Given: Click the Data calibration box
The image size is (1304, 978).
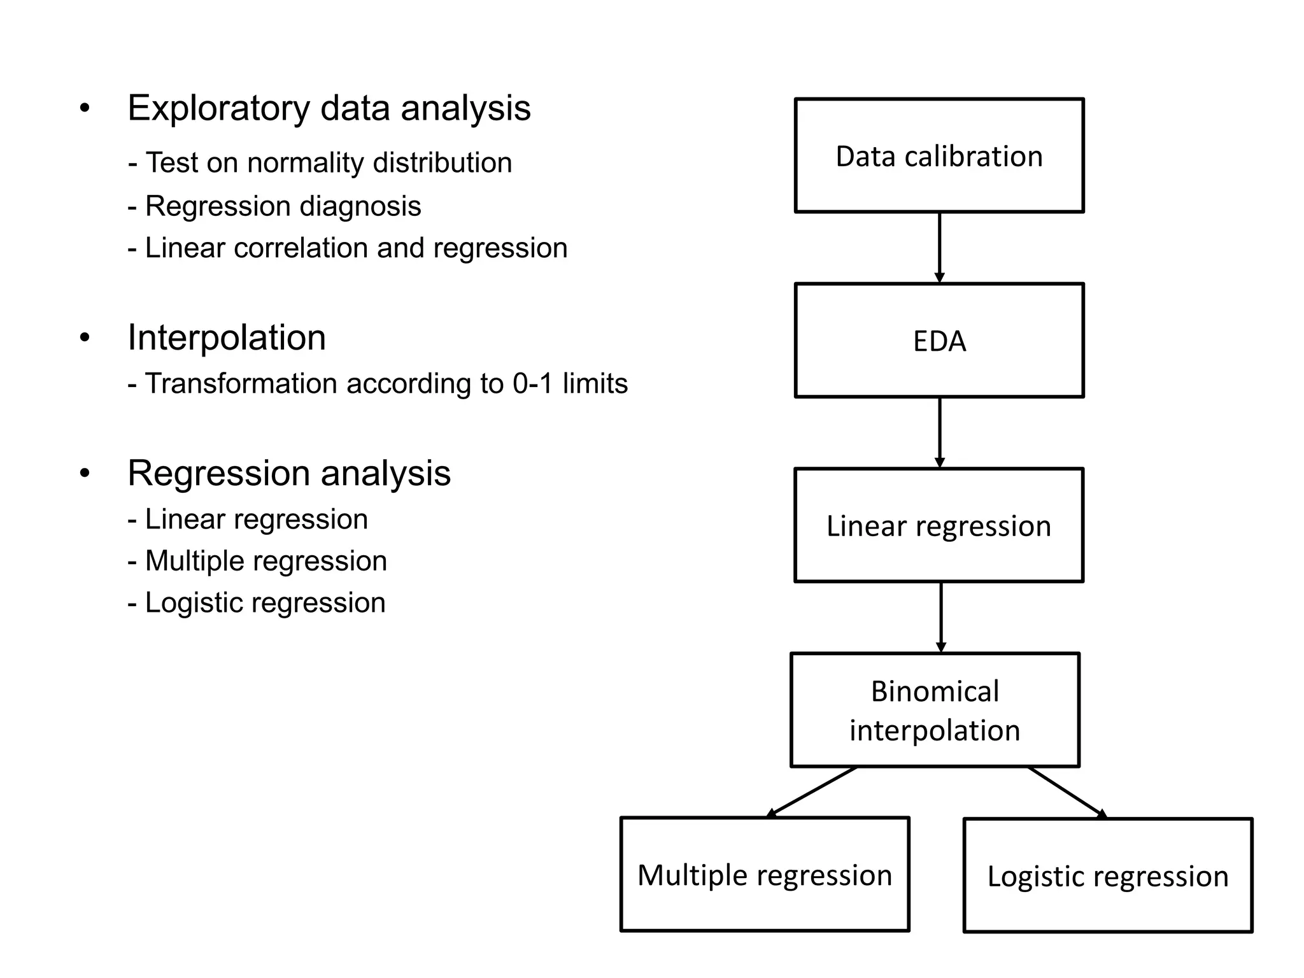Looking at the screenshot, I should coord(939,155).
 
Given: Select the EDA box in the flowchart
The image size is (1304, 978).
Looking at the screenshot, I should coord(939,341).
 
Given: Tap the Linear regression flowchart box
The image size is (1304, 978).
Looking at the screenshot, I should coord(939,525).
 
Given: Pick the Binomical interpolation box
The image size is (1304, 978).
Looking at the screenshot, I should coord(935,710).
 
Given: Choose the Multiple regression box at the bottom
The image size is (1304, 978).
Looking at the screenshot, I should coord(765,874).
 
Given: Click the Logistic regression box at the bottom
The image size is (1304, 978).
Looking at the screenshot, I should coord(1108,875).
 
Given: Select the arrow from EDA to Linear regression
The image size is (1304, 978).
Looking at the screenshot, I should coord(939,432).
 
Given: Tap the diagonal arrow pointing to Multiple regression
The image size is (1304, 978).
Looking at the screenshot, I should coord(812,792).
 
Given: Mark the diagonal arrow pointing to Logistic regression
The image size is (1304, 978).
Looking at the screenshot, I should coord(1067,792).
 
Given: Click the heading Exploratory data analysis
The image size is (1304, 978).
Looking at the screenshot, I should coord(329,108).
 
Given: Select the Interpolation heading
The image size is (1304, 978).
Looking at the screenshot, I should coord(227,337).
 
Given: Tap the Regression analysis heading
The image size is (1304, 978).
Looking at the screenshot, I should coord(289,473).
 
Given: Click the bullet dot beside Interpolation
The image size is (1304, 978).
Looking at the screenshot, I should coord(85,337).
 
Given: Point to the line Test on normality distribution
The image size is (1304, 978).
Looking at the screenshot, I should coord(320,162).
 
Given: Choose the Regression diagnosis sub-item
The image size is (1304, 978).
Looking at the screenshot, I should coord(274,206).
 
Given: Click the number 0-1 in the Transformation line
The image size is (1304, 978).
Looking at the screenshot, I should coord(532,383).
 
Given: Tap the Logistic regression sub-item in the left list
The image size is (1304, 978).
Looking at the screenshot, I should coord(257,602).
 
